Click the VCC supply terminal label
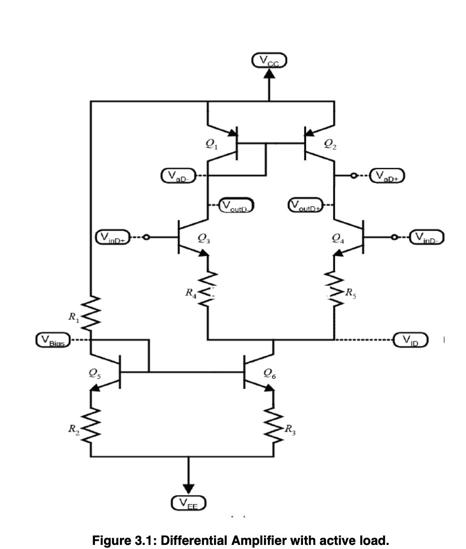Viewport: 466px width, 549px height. [269, 60]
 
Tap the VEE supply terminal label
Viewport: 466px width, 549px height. [188, 503]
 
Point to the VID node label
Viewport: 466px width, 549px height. [411, 339]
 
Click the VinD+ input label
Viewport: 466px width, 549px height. [113, 237]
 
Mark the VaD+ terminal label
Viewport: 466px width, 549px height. [387, 175]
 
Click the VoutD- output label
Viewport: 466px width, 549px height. [236, 205]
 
